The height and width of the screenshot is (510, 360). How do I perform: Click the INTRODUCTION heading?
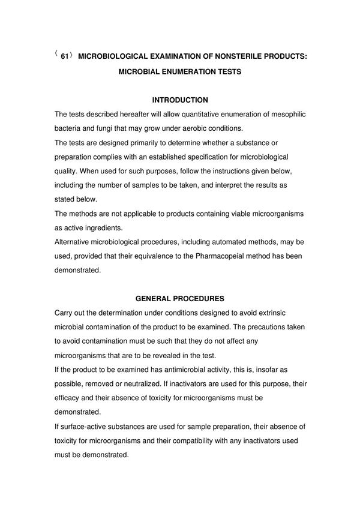(180, 100)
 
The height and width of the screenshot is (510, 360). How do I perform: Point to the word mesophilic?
(283, 114)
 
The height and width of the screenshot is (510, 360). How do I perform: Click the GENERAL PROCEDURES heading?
(180, 298)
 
